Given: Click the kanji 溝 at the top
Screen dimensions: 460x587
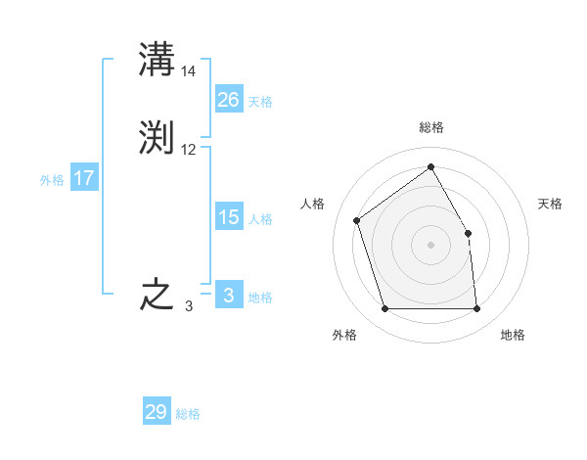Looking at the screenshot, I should pos(157,59).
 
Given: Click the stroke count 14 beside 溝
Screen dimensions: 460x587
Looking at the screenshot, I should pos(189,70).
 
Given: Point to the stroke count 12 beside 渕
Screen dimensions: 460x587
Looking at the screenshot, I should pos(189,150).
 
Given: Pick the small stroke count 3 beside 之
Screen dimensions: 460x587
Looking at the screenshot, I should pos(189,306).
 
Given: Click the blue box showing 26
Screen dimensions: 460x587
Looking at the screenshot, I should pos(228,100).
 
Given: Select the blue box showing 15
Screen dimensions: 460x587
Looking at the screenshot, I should pos(228,217).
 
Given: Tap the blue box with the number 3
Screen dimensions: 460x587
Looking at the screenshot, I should pos(228,296).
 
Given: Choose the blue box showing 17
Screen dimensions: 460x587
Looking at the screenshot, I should pos(84,178).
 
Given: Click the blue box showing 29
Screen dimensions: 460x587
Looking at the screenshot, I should pos(156,412).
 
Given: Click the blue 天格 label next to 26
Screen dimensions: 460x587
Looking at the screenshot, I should pos(260,101).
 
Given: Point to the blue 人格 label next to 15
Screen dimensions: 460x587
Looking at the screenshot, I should pos(260,218).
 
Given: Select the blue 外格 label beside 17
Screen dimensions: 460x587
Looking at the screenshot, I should pos(52,179).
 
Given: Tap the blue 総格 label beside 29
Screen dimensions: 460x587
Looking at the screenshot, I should pos(188,414).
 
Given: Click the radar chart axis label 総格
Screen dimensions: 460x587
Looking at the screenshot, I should pos(430,127).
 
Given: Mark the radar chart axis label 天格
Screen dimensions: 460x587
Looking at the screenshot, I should pos(550,204).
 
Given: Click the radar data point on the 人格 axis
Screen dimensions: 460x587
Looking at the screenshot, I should pos(357,220).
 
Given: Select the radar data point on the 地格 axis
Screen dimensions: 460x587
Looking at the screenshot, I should pos(476,309).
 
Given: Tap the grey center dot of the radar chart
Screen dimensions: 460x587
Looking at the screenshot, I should pos(430,245).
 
